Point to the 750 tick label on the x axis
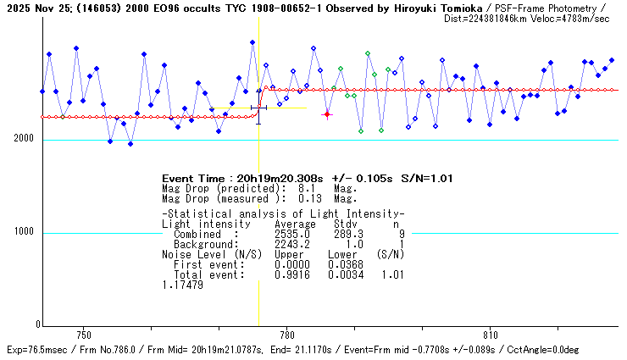(x=83, y=334)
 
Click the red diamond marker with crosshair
(x=327, y=114)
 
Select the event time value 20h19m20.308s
(x=271, y=178)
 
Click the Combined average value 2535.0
(x=291, y=234)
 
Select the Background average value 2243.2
(x=291, y=243)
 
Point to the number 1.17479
(x=182, y=285)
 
